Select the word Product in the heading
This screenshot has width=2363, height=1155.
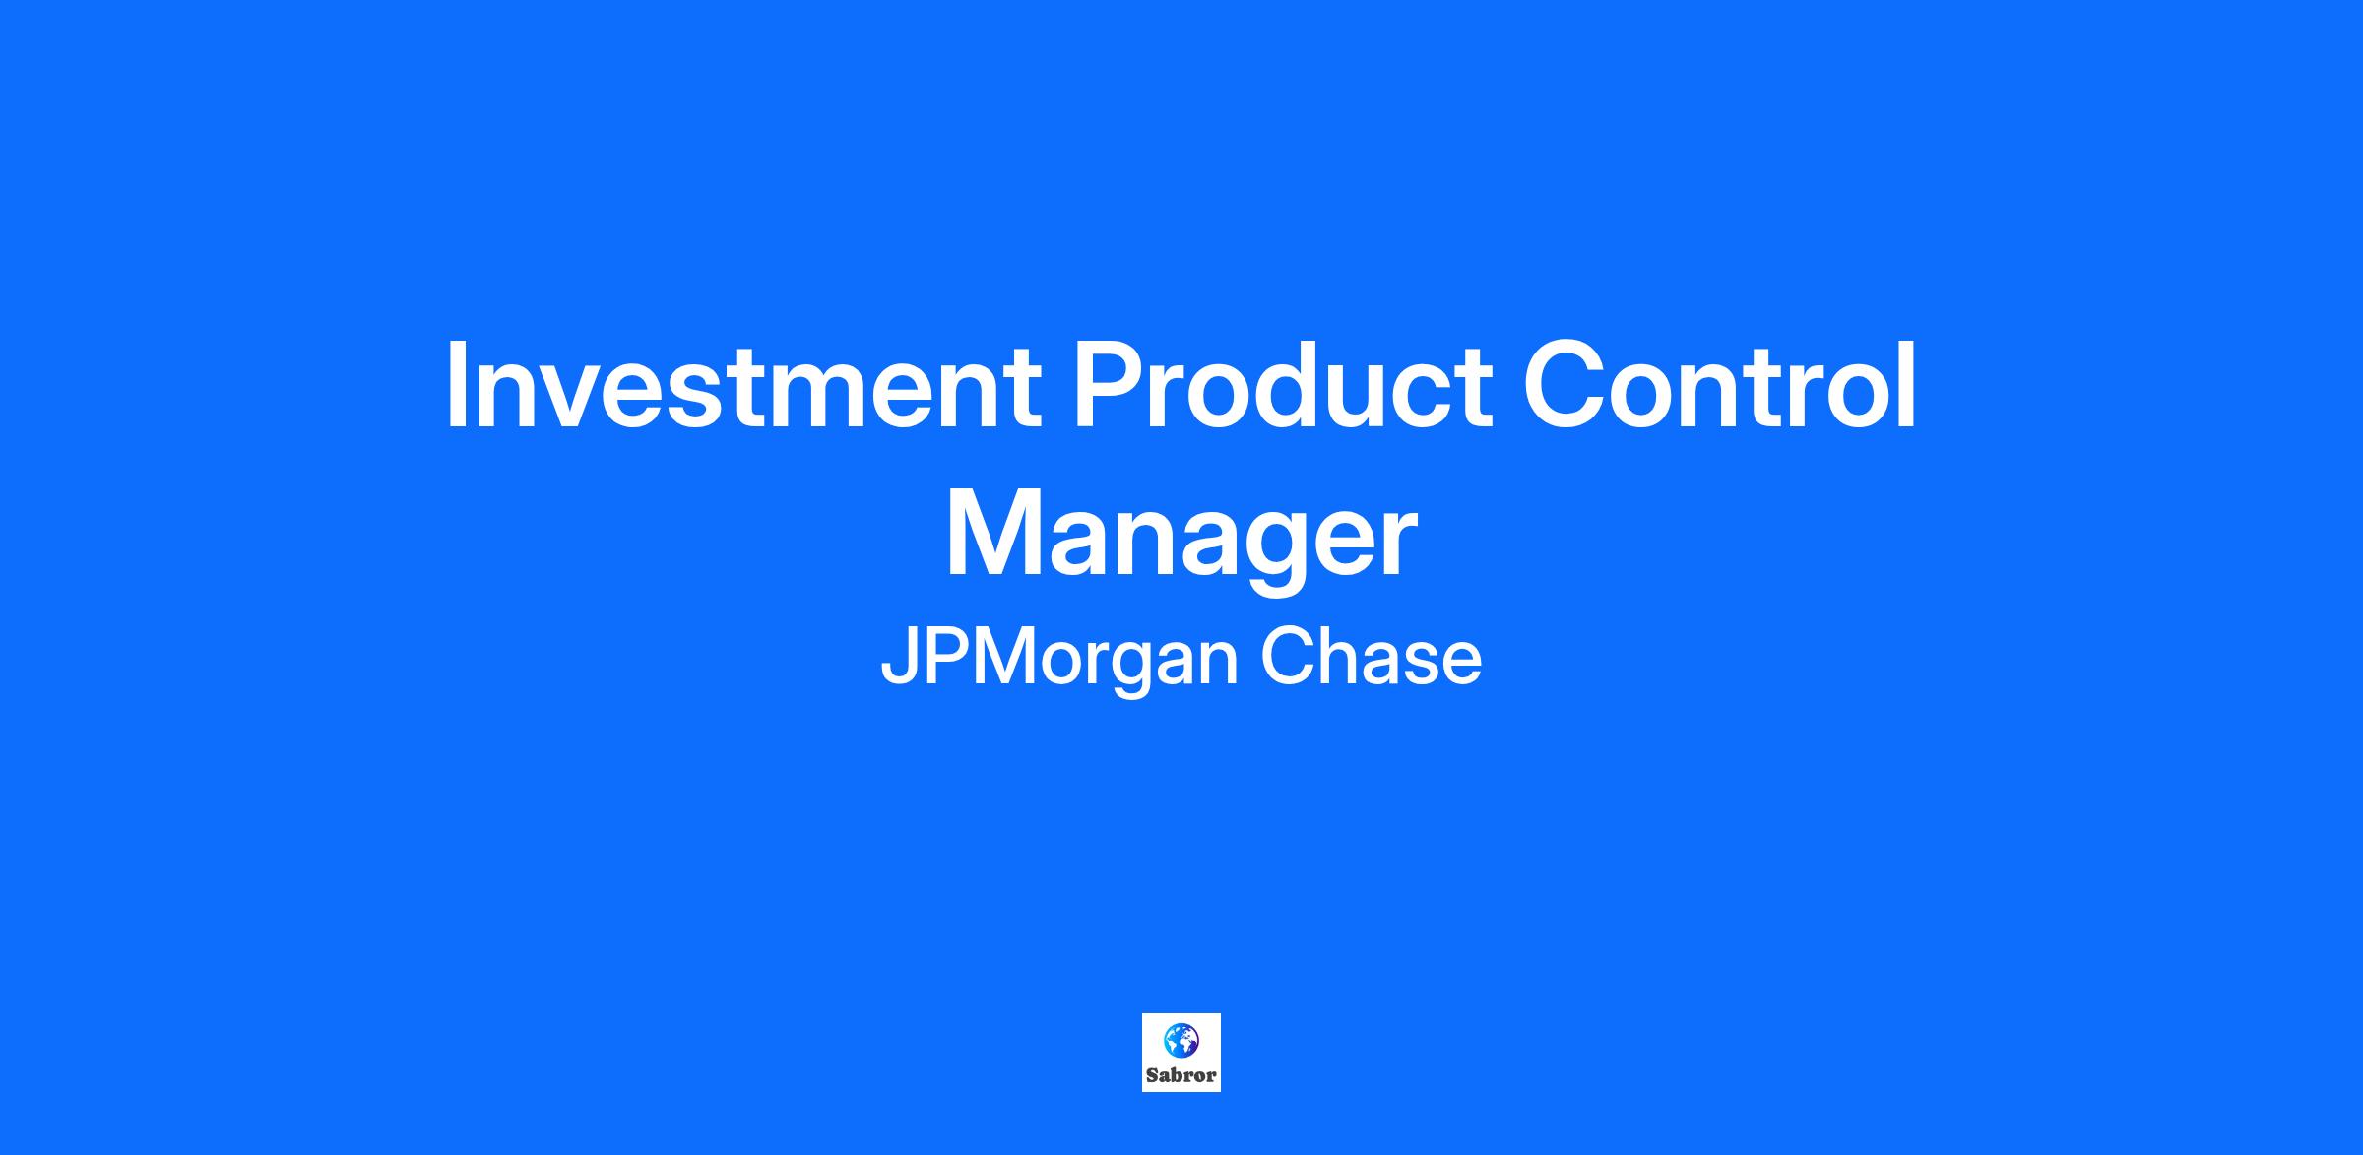point(1282,386)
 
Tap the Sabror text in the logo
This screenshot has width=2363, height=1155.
point(1181,1075)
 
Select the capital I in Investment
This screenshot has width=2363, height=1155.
point(456,385)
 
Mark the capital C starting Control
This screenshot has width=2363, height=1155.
point(1565,385)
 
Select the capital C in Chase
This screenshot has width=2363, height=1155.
point(1288,658)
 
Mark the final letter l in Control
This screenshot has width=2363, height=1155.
point(1909,384)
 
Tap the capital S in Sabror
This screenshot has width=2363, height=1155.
point(1152,1075)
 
